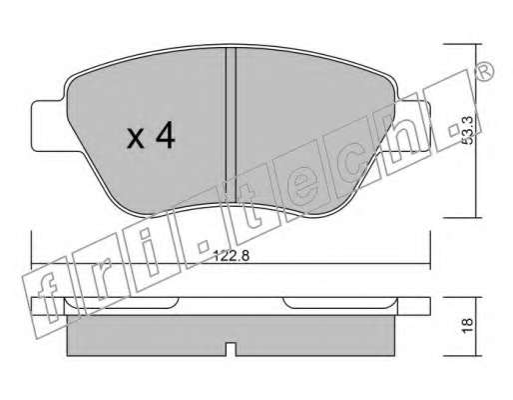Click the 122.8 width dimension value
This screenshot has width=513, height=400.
(x=232, y=256)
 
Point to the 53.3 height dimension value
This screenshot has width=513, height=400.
(x=468, y=130)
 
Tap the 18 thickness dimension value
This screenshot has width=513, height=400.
(x=467, y=326)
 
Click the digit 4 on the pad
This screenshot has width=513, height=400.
(x=166, y=135)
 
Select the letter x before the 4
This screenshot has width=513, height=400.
(x=136, y=139)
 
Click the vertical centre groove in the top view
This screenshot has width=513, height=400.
(x=231, y=125)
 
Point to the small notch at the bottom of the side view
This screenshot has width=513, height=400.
(x=231, y=350)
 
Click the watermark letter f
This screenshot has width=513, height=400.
(x=47, y=297)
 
